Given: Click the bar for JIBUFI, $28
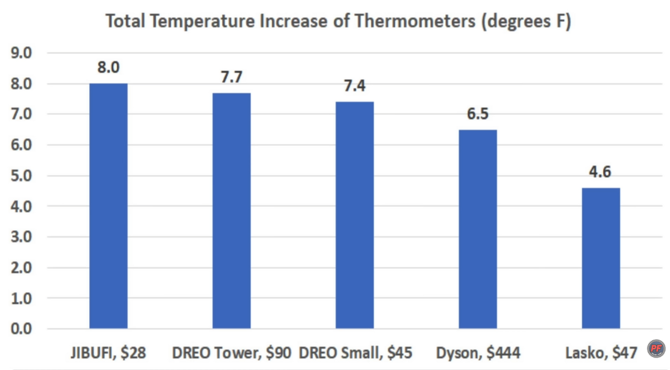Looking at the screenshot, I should (108, 206).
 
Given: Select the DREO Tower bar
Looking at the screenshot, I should (231, 211).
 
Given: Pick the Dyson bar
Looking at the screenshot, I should (478, 229).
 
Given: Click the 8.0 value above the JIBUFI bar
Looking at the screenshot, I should (108, 68).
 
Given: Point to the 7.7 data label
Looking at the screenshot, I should (231, 77).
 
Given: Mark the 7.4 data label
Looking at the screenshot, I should (355, 86).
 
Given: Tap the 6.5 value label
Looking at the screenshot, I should (478, 114).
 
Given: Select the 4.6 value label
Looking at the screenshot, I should (601, 172).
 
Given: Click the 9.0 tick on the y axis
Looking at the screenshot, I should (22, 53).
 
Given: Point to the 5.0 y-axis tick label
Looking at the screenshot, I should (22, 176).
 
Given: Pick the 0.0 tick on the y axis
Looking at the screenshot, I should (22, 328).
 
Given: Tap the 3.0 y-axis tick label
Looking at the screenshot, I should (22, 237).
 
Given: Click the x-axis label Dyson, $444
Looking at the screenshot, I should (478, 353).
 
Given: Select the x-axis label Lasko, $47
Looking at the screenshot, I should (601, 353).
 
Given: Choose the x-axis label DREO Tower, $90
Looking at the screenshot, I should (231, 353).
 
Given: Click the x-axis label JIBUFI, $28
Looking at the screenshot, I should (108, 353).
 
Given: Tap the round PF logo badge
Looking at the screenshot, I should (656, 349).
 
